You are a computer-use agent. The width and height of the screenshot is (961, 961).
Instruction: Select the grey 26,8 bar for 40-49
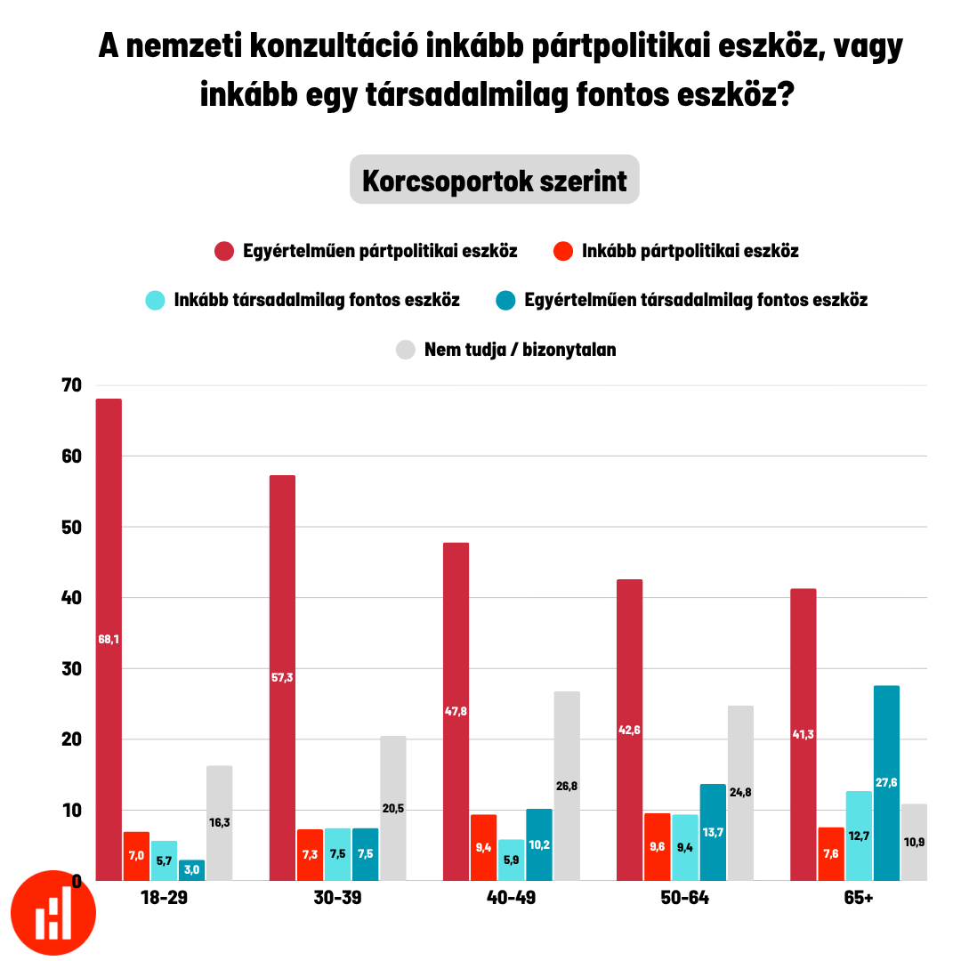coord(567,786)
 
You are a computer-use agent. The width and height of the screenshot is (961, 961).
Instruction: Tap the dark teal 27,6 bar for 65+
coord(886,783)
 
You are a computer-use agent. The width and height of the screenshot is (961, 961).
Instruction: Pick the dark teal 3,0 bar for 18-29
coord(192,870)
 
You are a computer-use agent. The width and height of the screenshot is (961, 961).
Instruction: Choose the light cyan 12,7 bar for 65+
coord(859,836)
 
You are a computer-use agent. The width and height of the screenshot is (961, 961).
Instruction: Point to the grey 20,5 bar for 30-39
coord(393,808)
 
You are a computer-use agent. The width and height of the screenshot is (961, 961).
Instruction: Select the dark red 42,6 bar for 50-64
coord(629,730)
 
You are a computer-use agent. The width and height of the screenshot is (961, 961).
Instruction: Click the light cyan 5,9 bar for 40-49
coord(511,860)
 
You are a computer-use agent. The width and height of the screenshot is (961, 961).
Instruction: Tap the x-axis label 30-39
coord(338,899)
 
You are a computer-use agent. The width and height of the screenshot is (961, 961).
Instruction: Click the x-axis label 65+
coord(859,899)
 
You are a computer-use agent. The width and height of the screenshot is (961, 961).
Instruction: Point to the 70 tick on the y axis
coord(71,385)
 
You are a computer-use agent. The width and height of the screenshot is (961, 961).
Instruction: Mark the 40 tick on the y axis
coord(71,598)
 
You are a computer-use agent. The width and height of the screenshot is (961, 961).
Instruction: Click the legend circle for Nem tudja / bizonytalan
coord(405,350)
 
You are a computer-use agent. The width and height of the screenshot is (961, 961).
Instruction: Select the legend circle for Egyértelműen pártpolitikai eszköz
coord(224,251)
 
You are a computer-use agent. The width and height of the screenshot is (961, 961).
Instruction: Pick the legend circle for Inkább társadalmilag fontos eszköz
coord(156,300)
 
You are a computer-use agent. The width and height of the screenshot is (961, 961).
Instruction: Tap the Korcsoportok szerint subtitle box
coord(494,180)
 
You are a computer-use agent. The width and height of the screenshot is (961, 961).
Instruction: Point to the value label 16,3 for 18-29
coord(220,822)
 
